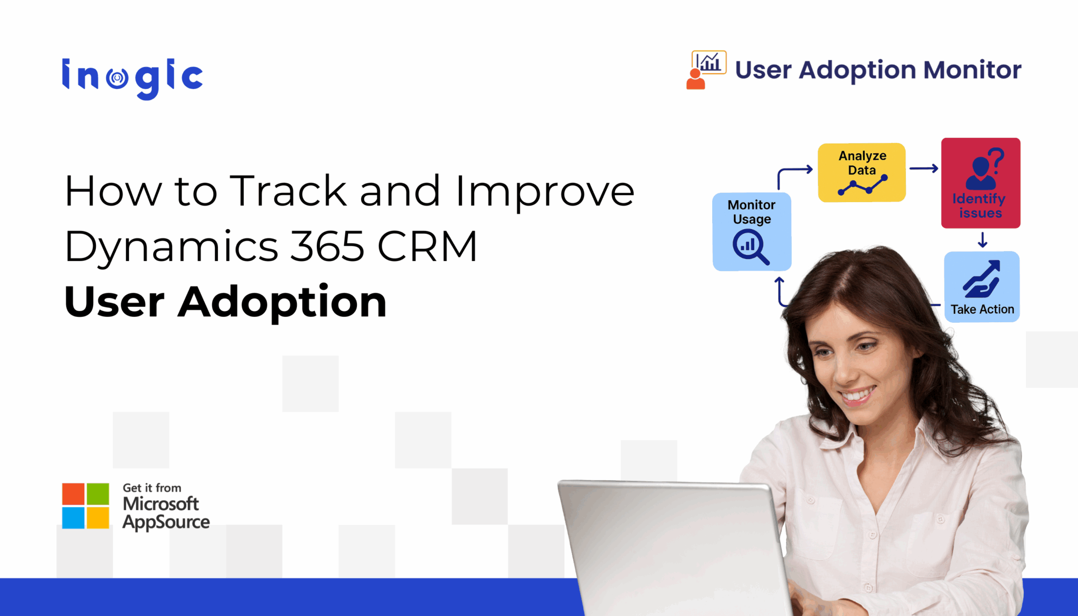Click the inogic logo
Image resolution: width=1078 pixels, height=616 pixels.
[x=132, y=77]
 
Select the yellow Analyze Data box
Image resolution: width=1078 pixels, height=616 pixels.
[x=861, y=172]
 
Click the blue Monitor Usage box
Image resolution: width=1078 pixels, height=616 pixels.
[x=751, y=232]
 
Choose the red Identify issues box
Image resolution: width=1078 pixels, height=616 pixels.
[x=980, y=183]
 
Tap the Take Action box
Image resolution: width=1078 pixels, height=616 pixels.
[x=981, y=287]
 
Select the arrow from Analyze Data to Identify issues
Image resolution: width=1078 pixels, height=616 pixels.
[x=923, y=168]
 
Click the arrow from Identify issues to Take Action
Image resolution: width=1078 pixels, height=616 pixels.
[x=982, y=240]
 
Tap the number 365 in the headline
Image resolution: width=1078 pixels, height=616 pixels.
[x=327, y=246]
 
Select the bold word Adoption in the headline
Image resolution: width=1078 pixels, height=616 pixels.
[x=282, y=302]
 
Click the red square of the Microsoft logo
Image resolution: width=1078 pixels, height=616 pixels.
[x=73, y=494]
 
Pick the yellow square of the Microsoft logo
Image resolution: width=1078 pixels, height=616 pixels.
[x=98, y=518]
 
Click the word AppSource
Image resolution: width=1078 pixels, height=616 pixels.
[x=166, y=522]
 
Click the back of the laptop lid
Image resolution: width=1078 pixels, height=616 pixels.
[x=674, y=548]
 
